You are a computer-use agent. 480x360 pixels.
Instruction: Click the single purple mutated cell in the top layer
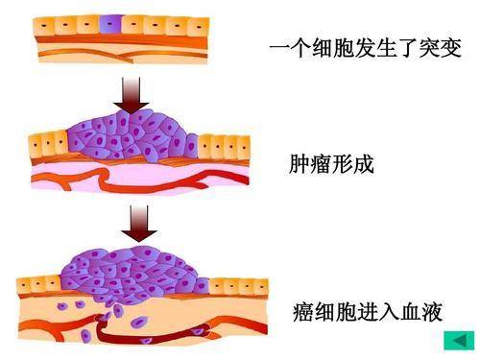(113, 22)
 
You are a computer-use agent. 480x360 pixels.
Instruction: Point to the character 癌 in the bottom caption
(305, 312)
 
